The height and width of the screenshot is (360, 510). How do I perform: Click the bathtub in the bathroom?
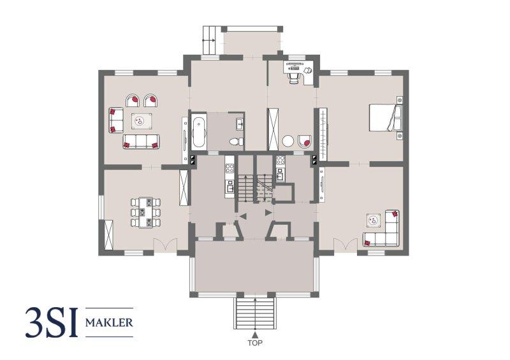(x=198, y=132)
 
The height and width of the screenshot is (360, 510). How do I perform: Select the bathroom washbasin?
(x=240, y=124)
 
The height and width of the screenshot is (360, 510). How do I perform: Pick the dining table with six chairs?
(x=145, y=213)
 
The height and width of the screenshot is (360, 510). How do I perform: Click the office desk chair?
(x=295, y=78)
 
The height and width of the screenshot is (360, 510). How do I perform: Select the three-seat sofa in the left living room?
(x=141, y=141)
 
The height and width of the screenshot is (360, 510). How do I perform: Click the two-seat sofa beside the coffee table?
(x=116, y=120)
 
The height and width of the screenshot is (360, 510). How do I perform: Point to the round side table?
(x=288, y=141)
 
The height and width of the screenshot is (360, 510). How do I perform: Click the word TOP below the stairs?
(x=255, y=343)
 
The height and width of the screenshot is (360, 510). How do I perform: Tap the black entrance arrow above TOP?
(x=256, y=335)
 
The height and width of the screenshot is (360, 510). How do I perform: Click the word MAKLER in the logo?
(x=109, y=323)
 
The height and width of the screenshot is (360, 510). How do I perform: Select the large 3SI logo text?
(x=52, y=322)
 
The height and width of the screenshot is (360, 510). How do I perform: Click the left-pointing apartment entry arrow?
(x=244, y=215)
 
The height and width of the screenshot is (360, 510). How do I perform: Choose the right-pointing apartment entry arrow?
(x=268, y=213)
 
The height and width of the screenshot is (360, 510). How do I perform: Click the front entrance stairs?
(x=255, y=313)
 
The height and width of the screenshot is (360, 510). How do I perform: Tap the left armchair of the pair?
(x=133, y=101)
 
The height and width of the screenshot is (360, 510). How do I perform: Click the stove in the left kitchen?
(x=229, y=168)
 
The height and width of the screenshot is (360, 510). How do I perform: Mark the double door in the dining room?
(x=166, y=244)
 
